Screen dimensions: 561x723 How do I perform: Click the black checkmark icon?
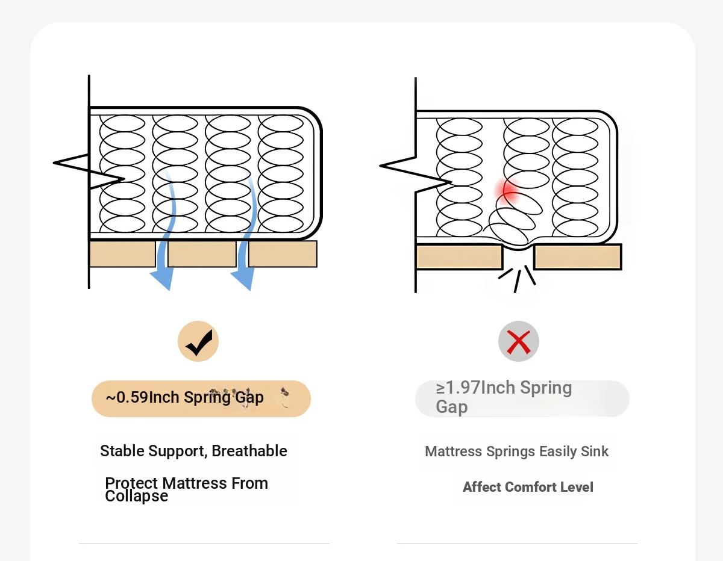click(x=198, y=342)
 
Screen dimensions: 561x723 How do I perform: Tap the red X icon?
click(x=518, y=342)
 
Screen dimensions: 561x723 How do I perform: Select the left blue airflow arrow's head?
click(x=161, y=278)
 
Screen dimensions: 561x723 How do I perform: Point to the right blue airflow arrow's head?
click(x=242, y=278)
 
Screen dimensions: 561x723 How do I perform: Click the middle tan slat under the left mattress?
click(x=202, y=254)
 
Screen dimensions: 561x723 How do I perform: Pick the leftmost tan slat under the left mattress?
click(x=122, y=254)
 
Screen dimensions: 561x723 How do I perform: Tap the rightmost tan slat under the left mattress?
click(x=283, y=254)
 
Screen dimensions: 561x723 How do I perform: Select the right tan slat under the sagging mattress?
click(x=578, y=257)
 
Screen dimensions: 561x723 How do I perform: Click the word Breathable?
click(x=249, y=451)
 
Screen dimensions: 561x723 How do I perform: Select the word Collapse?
click(x=137, y=497)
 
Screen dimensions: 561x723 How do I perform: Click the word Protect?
click(x=131, y=483)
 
